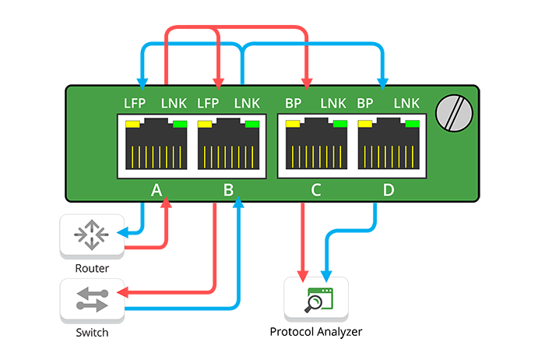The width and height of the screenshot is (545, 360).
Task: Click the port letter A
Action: pyautogui.click(x=156, y=189)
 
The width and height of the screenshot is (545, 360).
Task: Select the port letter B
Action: pyautogui.click(x=228, y=189)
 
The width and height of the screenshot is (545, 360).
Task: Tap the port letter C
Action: pyautogui.click(x=315, y=189)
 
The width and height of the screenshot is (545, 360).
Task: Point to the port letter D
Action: pyautogui.click(x=388, y=189)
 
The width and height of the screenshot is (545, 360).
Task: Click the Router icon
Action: pyautogui.click(x=92, y=236)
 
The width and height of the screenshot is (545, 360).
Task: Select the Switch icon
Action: pyautogui.click(x=92, y=301)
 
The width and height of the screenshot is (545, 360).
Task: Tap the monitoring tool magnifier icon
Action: pyautogui.click(x=315, y=300)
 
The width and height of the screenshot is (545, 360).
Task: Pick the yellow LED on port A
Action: pyautogui.click(x=132, y=124)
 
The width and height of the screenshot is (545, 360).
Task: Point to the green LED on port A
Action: pyautogui.click(x=179, y=124)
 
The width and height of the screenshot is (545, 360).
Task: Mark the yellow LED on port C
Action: pyautogui.click(x=294, y=124)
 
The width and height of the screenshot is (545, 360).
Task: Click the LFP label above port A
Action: pyautogui.click(x=135, y=103)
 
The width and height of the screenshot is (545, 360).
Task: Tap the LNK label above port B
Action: pyautogui.click(x=247, y=103)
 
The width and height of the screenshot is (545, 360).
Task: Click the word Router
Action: pyautogui.click(x=92, y=269)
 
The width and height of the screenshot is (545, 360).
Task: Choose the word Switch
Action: pyautogui.click(x=92, y=333)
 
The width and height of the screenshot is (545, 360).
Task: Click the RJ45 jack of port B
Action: pyautogui.click(x=228, y=146)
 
